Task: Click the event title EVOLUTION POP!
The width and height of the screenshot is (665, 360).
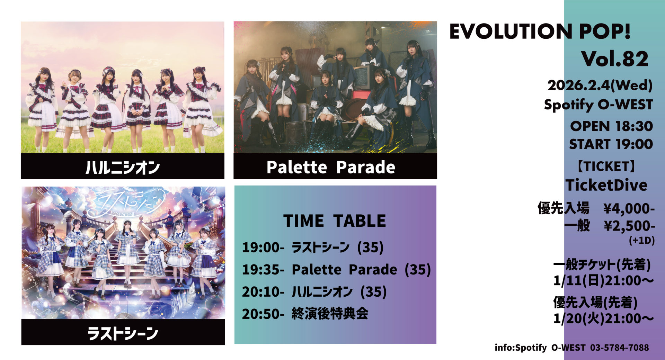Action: point(540,31)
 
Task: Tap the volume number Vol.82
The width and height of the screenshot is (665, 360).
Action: point(615,59)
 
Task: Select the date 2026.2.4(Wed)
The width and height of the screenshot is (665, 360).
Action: point(600,85)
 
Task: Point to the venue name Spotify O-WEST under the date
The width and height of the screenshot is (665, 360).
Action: point(598,105)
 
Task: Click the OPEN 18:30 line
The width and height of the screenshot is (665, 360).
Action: point(611,126)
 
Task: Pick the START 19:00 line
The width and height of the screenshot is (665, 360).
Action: point(611,144)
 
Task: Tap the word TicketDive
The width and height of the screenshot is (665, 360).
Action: point(606,185)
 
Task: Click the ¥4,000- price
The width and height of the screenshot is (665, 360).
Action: point(629,208)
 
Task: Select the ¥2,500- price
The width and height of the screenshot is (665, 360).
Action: point(629,226)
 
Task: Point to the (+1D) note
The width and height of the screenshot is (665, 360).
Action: point(642,240)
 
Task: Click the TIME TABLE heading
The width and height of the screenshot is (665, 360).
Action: point(335,221)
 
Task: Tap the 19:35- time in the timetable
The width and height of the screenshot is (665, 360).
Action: point(263,270)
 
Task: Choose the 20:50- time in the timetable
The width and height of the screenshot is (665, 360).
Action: point(263,314)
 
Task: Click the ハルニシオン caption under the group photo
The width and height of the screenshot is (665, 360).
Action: point(123,167)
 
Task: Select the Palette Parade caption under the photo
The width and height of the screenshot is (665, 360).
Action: point(331,167)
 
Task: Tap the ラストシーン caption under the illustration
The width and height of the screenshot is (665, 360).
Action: point(123,333)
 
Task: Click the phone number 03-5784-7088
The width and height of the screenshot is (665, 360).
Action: point(619,348)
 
